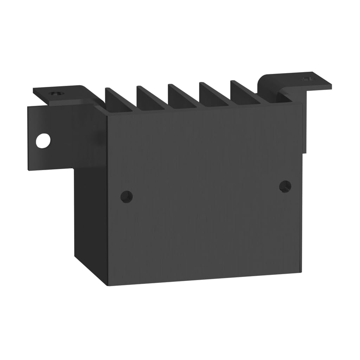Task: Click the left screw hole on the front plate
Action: pyautogui.click(x=127, y=196)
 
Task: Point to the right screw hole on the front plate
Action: pyautogui.click(x=285, y=186)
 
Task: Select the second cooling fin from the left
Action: pyautogui.click(x=149, y=97)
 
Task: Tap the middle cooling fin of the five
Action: pyautogui.click(x=181, y=95)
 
